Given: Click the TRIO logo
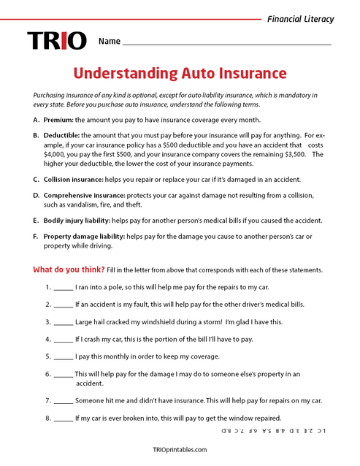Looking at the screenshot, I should click(x=57, y=41).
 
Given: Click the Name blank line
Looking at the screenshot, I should click(x=226, y=44).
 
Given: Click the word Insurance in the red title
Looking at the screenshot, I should click(x=248, y=73).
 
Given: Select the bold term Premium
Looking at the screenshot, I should click(x=58, y=119).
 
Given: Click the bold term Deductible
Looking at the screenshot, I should click(x=61, y=135).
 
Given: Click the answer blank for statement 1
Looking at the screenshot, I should click(x=64, y=289).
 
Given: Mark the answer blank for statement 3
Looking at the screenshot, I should click(x=64, y=322).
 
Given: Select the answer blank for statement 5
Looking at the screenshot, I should click(x=64, y=356).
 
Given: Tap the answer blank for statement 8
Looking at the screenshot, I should click(x=64, y=419).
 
